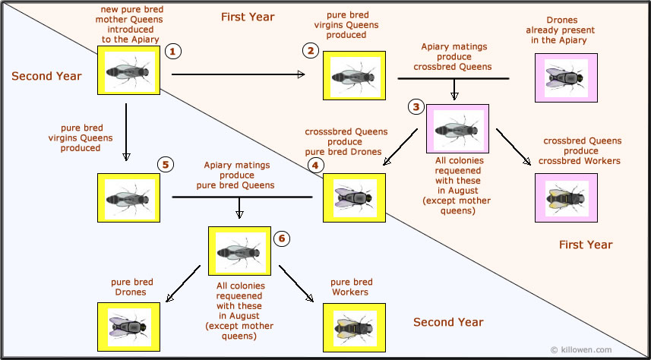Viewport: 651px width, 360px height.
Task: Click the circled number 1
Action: pyautogui.click(x=173, y=52)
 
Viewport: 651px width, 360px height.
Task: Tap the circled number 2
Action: pyautogui.click(x=310, y=51)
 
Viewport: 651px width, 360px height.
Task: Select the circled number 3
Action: pyautogui.click(x=415, y=107)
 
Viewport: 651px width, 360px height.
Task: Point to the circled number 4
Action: pyautogui.click(x=315, y=164)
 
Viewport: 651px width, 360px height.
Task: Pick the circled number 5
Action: pyautogui.click(x=166, y=164)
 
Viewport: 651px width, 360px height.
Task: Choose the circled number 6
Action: pyautogui.click(x=281, y=238)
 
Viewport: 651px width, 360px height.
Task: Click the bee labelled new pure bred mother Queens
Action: pyautogui.click(x=128, y=71)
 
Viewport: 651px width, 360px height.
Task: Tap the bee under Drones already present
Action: pyautogui.click(x=566, y=77)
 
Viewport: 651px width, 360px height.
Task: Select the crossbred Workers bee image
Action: pyautogui.click(x=566, y=197)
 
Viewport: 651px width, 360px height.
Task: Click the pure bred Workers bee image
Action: pyautogui.click(x=353, y=326)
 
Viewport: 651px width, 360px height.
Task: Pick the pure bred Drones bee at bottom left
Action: pyautogui.click(x=128, y=326)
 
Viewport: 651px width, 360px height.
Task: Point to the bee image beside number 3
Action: pyautogui.click(x=457, y=129)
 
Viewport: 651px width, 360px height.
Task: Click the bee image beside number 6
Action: pyautogui.click(x=239, y=251)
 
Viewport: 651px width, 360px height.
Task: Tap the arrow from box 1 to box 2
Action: pyautogui.click(x=238, y=74)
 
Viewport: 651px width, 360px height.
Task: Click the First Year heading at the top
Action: pyautogui.click(x=248, y=17)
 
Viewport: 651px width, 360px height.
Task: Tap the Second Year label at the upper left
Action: pyautogui.click(x=46, y=76)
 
